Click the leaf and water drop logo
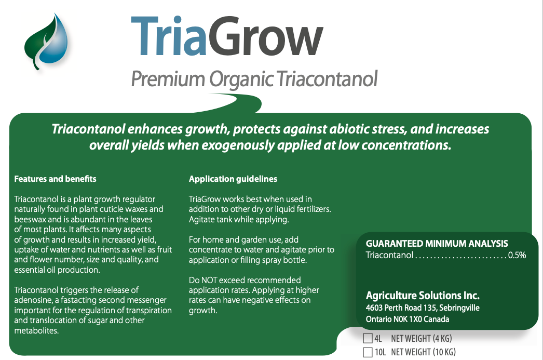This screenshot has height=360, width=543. point(46,41)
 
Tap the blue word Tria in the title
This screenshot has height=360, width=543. point(169,36)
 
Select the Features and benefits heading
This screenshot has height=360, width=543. point(55,179)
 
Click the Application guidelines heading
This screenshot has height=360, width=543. point(233,179)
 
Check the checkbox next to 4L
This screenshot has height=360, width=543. point(368,338)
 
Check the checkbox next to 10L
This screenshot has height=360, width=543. point(368,352)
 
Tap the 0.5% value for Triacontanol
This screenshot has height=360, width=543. point(517,256)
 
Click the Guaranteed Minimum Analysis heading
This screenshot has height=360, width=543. point(437,244)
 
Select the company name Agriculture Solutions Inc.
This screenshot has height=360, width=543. point(423,296)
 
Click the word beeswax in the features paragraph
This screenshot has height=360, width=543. point(30,219)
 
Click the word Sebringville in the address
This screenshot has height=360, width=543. point(459,308)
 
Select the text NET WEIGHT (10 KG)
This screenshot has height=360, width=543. point(423,352)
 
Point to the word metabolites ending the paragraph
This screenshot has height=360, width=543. point(36,330)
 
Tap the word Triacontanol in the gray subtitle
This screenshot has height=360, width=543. point(327,79)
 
